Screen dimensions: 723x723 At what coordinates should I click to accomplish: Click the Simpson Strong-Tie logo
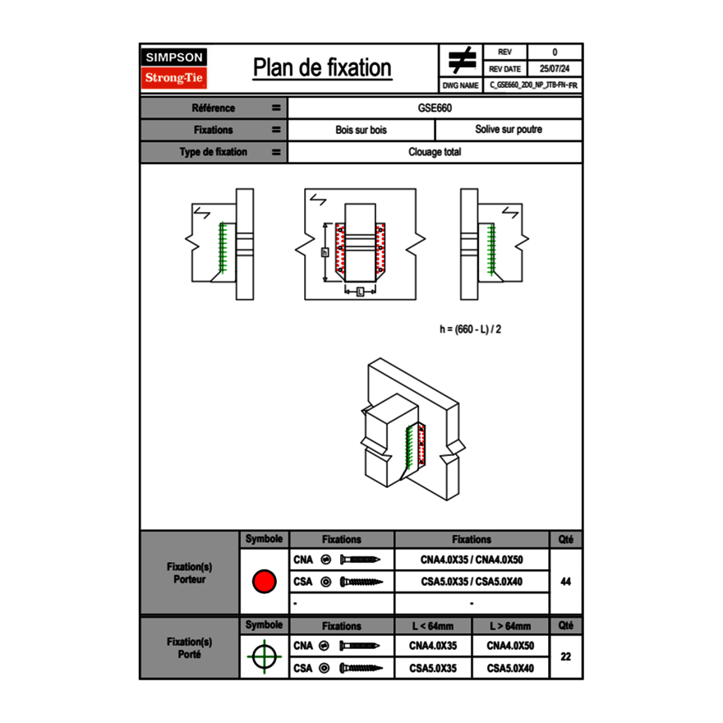(x=175, y=68)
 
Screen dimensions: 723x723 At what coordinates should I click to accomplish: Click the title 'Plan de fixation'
(x=321, y=67)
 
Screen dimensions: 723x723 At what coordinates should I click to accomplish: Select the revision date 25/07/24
(x=555, y=69)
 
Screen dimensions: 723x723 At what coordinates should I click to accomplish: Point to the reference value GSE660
(x=435, y=108)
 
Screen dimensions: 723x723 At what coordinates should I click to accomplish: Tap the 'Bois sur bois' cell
(x=361, y=130)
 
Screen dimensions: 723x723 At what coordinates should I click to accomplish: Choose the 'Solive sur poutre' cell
(x=508, y=130)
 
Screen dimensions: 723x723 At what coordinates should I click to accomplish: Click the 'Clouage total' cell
(x=435, y=152)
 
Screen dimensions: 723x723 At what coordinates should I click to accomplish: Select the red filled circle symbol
(x=264, y=582)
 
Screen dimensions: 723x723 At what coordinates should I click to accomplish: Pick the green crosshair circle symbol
(x=264, y=656)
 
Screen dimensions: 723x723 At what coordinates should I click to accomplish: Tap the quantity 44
(x=565, y=582)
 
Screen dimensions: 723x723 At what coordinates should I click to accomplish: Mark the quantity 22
(x=565, y=656)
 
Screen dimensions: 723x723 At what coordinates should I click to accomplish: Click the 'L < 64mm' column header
(x=434, y=626)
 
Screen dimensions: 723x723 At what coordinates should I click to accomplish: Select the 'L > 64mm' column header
(x=510, y=626)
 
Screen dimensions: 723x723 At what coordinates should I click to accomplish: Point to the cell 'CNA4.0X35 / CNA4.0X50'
(x=472, y=560)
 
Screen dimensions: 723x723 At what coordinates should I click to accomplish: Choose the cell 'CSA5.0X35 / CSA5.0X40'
(x=472, y=582)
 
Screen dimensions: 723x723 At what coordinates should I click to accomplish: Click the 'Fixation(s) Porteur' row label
(x=190, y=573)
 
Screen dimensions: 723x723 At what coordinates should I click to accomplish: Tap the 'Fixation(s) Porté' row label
(x=190, y=647)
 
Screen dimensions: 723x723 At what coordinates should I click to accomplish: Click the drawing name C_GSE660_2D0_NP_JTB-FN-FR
(x=535, y=85)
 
